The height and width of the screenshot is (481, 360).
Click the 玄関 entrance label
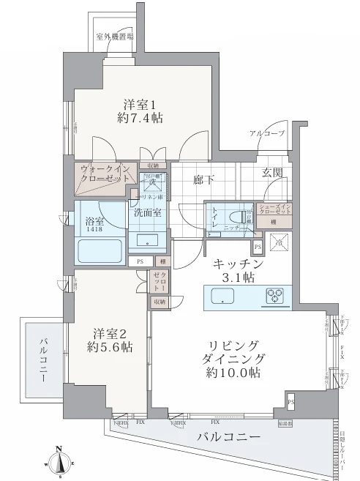[x=273, y=173]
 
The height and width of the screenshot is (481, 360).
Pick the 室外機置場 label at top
[x=114, y=37]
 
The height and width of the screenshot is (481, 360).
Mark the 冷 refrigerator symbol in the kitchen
[x=278, y=242]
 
